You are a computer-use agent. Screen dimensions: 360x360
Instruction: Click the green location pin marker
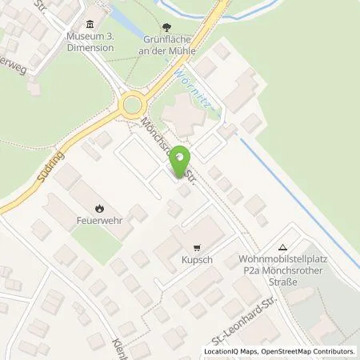(183, 158)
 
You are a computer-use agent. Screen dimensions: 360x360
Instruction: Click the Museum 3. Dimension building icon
(89, 22)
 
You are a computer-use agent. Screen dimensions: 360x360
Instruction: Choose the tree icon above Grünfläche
(166, 26)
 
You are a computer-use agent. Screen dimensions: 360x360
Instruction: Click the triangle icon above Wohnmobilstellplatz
(282, 247)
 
